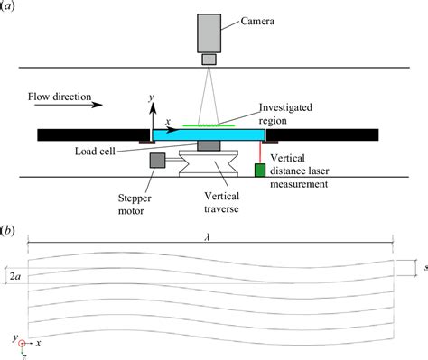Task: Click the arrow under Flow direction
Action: coord(64,105)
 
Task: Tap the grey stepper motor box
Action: coord(157,162)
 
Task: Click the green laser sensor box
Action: coord(260,169)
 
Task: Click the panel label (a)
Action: coord(13,8)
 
